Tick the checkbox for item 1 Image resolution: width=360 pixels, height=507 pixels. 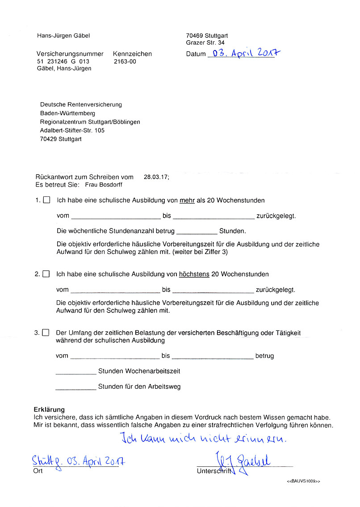pos(46,200)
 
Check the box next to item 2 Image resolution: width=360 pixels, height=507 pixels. pos(46,274)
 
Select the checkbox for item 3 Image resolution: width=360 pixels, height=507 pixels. pos(46,332)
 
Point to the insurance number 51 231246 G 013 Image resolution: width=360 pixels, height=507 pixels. pos(63,62)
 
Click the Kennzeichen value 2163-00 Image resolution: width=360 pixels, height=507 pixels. pos(125,62)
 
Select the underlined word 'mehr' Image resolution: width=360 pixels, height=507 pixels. pos(187,200)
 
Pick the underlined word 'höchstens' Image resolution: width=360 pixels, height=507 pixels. pos(194,274)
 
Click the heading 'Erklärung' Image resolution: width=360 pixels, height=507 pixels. pos(49,409)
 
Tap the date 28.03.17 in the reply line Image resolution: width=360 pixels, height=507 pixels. pos(156,177)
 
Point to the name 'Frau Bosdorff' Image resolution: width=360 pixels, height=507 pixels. pos(103,184)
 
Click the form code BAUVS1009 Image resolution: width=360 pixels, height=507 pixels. pos(303,481)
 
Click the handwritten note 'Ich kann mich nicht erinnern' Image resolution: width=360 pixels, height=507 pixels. pos(203,439)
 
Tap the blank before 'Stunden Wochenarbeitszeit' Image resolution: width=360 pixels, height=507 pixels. pos(76,371)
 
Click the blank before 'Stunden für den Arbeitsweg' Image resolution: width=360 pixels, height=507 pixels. pos(76,386)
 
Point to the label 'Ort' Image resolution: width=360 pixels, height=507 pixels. pos(38,471)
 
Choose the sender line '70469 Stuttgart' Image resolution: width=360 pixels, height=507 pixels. pos(207,36)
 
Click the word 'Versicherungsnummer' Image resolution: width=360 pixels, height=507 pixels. pos(70,54)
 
